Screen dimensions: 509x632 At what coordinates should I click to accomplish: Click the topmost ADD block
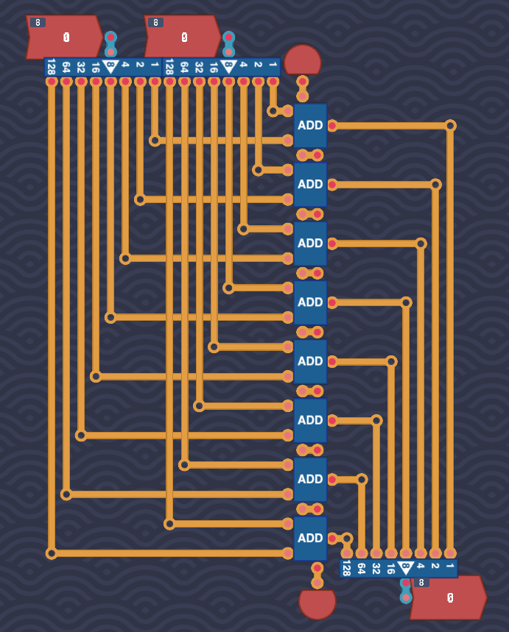click(310, 125)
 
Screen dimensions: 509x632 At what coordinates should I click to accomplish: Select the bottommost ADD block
click(310, 538)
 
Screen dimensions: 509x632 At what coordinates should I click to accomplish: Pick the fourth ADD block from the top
click(310, 302)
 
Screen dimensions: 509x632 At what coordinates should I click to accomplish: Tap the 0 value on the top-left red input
click(66, 38)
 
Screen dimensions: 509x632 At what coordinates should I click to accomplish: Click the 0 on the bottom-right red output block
click(451, 597)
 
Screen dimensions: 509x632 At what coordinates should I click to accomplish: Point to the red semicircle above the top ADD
click(302, 60)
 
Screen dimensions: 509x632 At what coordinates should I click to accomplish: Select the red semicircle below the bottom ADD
click(317, 604)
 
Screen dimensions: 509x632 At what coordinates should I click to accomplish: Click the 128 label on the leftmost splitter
click(52, 67)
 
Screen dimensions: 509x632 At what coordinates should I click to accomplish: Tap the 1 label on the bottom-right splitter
click(450, 566)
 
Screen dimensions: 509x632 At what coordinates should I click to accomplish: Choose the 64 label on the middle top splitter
click(184, 67)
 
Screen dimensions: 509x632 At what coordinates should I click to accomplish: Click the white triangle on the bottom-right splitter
click(406, 568)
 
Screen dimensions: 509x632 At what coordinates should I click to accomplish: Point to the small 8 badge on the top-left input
click(38, 23)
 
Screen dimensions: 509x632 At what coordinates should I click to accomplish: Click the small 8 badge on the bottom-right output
click(421, 583)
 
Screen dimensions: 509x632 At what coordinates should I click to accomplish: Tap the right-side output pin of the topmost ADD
click(332, 126)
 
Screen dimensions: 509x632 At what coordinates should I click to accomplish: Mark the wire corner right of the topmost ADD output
click(450, 126)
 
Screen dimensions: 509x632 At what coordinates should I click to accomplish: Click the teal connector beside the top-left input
click(110, 44)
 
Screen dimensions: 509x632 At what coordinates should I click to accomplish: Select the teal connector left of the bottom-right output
click(406, 590)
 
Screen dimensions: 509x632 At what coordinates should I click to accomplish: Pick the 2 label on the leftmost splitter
click(140, 65)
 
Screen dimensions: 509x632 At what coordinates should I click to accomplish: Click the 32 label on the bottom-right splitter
click(376, 568)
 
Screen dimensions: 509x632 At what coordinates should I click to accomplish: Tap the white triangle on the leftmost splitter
click(110, 66)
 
